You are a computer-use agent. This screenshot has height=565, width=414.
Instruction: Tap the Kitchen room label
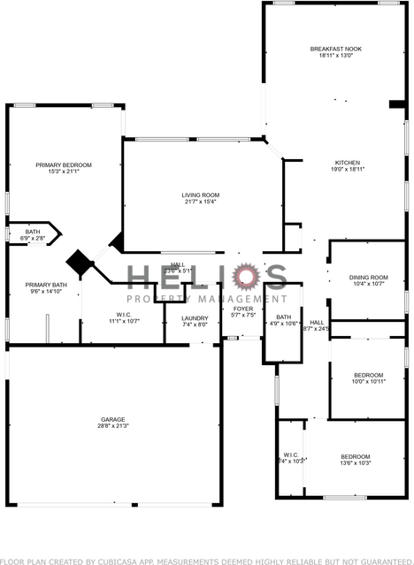347,162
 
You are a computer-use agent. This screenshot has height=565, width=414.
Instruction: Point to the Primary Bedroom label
64,164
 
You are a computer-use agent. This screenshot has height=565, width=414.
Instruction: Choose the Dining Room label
369,277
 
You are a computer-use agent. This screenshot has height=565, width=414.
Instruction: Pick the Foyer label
242,309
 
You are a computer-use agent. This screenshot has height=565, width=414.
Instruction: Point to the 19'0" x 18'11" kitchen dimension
347,169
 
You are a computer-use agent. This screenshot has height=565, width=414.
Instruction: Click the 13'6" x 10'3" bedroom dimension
356,463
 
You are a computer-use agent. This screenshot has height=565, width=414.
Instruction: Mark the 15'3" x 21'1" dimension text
64,172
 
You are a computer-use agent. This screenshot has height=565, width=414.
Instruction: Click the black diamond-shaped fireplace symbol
80,263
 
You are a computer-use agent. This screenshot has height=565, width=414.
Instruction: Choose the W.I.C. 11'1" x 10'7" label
124,317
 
